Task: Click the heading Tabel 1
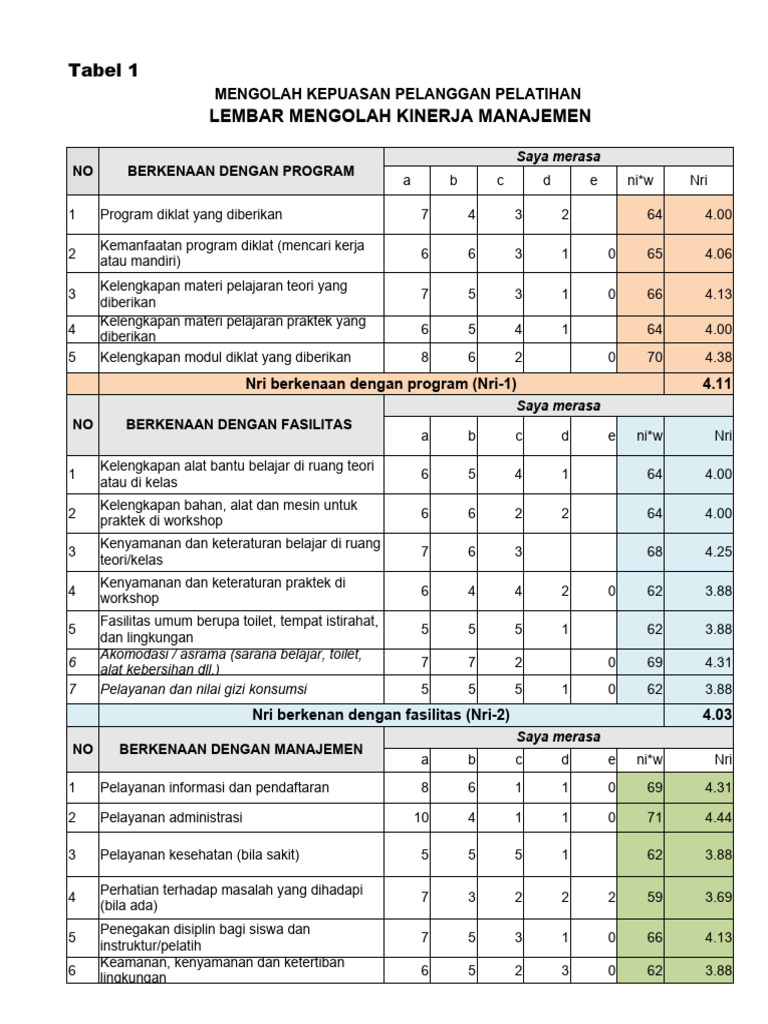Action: point(103,70)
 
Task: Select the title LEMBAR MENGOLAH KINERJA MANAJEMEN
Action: point(399,116)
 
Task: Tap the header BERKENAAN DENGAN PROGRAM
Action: point(241,171)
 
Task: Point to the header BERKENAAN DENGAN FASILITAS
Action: point(239,424)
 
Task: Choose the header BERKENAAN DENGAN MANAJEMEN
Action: point(241,748)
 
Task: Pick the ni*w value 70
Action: point(654,357)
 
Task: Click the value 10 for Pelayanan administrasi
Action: point(420,817)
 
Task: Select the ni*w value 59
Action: point(654,898)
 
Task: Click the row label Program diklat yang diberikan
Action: point(191,214)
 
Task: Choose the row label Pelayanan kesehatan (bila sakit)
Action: point(200,854)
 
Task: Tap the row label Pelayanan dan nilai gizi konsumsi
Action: point(203,689)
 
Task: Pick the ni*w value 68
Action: point(654,551)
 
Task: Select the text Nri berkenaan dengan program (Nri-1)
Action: point(381,384)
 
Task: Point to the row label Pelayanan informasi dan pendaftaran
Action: point(214,787)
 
